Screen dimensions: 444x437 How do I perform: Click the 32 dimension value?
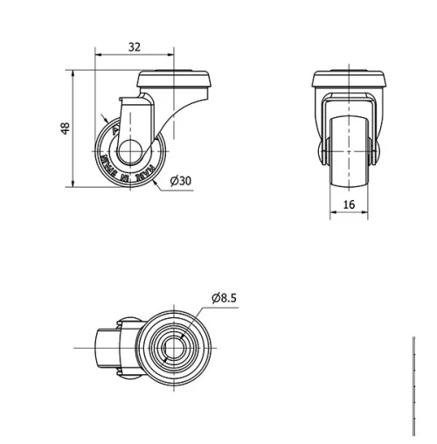tap(134, 46)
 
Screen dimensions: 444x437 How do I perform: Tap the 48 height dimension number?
tap(65, 129)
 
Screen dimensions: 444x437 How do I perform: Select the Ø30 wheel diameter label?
tap(181, 180)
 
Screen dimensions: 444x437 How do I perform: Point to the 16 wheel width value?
tap(349, 204)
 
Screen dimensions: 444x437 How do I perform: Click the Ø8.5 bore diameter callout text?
tap(224, 298)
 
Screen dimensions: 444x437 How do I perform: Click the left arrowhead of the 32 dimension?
tap(98, 58)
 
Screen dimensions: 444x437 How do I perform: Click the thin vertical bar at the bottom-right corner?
tap(413, 385)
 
